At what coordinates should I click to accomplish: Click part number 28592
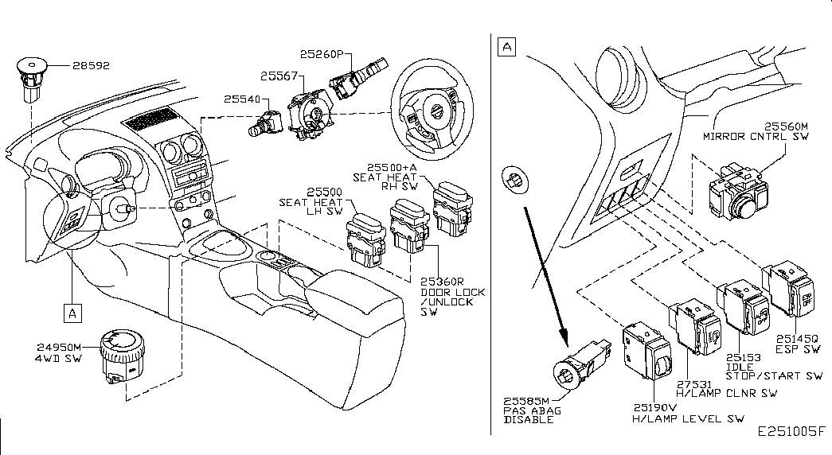(x=92, y=65)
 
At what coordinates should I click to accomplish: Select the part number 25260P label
(x=322, y=54)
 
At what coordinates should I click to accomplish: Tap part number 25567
(x=279, y=76)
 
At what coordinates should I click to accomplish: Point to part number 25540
(x=243, y=99)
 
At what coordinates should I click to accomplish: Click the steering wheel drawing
(x=432, y=109)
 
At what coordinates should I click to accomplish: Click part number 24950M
(x=59, y=348)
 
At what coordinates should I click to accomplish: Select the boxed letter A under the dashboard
(x=72, y=313)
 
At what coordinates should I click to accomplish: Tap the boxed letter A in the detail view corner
(x=507, y=47)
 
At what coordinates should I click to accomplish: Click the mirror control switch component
(x=738, y=192)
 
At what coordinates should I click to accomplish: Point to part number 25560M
(x=786, y=126)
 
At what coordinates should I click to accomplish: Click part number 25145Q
(x=797, y=338)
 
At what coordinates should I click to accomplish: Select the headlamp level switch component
(x=647, y=351)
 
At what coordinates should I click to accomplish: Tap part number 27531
(x=694, y=384)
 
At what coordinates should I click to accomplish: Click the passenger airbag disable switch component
(x=581, y=366)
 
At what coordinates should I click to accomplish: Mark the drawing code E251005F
(x=791, y=431)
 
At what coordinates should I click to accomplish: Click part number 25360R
(x=442, y=282)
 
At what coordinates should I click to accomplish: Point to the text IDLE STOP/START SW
(x=774, y=371)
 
